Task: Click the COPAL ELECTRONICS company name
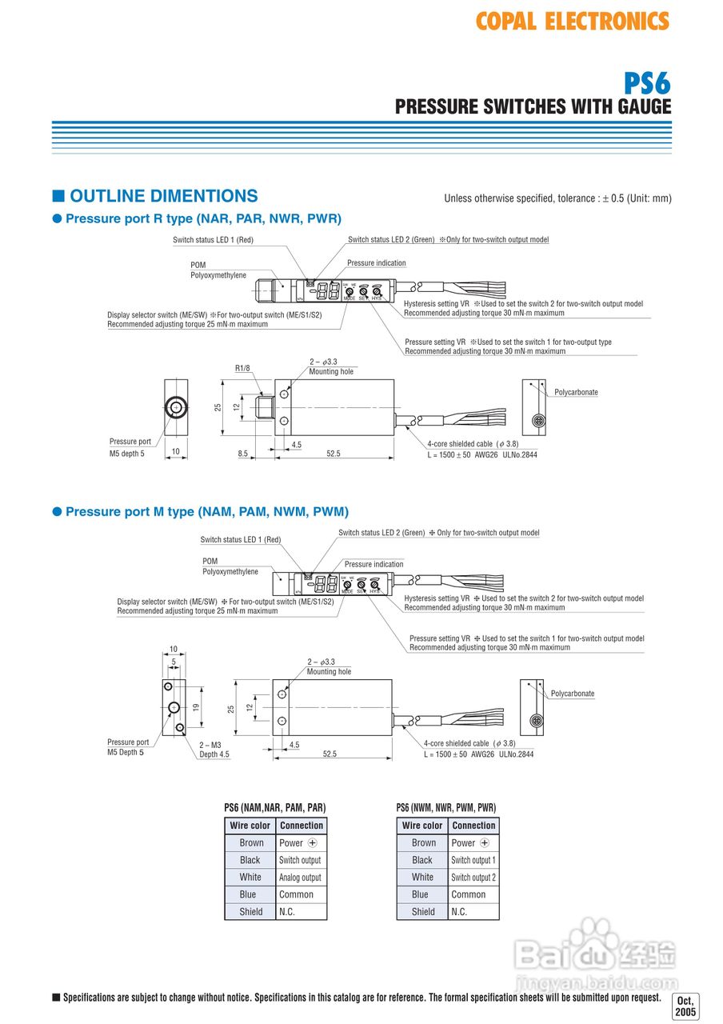point(572,21)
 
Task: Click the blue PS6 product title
point(647,83)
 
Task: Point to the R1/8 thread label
point(242,369)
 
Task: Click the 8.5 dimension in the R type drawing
point(242,454)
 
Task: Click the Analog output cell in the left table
point(300,878)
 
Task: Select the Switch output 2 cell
point(473,878)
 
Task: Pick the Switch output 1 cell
point(473,860)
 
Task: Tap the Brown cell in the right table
point(423,842)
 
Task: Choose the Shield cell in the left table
point(250,911)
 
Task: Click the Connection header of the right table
point(473,826)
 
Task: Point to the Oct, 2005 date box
point(685,1006)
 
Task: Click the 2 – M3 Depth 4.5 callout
point(214,750)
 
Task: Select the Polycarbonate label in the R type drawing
point(576,392)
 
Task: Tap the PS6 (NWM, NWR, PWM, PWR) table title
point(446,808)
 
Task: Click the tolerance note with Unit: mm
point(557,198)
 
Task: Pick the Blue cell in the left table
point(250,894)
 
